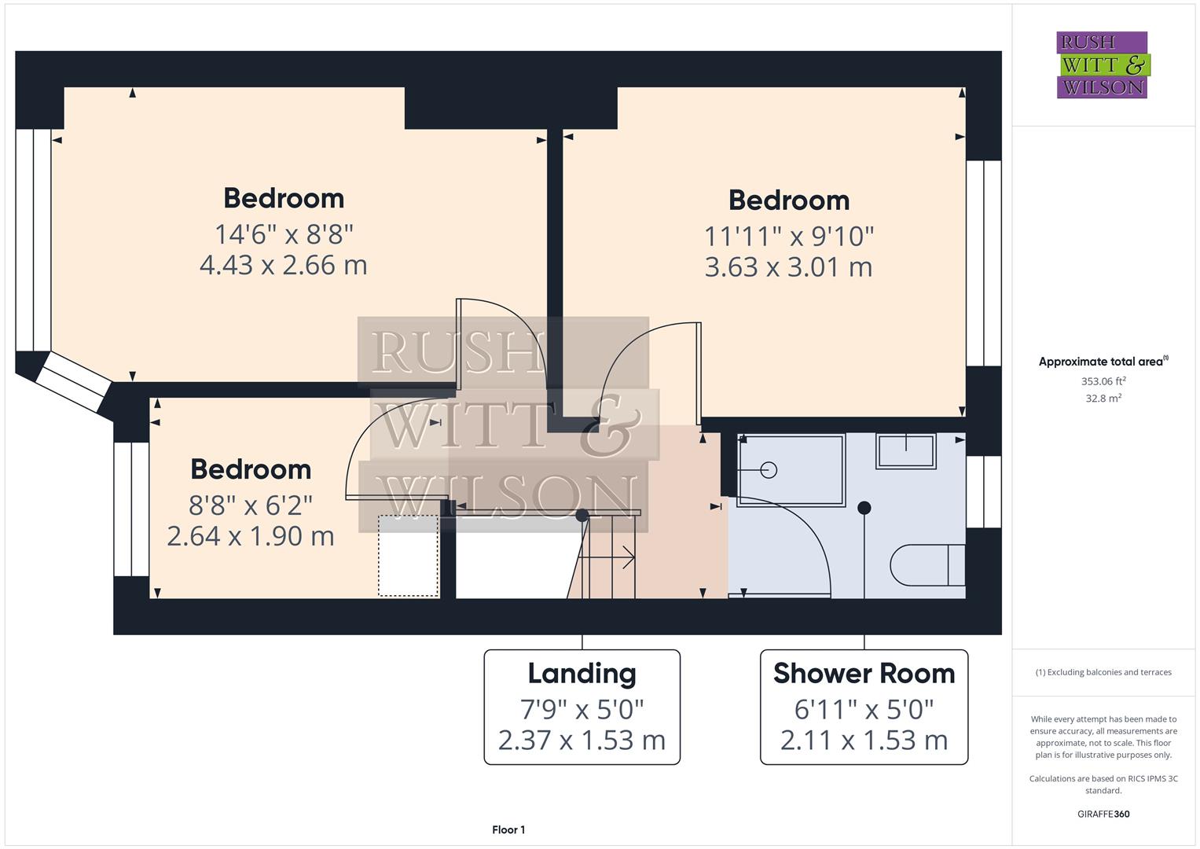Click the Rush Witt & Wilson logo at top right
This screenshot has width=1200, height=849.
[1102, 65]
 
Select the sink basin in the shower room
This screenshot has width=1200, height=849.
[906, 451]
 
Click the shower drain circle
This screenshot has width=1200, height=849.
[769, 470]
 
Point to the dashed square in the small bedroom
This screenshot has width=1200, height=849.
[409, 556]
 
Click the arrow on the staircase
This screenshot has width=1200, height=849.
[628, 557]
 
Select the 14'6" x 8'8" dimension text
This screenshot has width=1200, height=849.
[284, 233]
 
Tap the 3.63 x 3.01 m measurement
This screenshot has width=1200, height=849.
[788, 267]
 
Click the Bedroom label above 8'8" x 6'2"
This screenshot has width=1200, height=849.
[251, 469]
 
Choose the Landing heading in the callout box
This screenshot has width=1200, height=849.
[582, 674]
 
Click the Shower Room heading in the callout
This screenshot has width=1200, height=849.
[864, 674]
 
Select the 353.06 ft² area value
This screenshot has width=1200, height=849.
[1103, 381]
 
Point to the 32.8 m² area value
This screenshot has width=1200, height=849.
[1103, 399]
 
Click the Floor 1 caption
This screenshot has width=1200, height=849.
[508, 829]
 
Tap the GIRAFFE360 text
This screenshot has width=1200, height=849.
[1103, 814]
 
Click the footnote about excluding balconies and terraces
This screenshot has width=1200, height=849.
[1103, 672]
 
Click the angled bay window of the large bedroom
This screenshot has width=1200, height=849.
[73, 381]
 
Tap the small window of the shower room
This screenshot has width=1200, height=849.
[983, 491]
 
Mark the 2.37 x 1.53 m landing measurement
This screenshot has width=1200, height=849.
[582, 740]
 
